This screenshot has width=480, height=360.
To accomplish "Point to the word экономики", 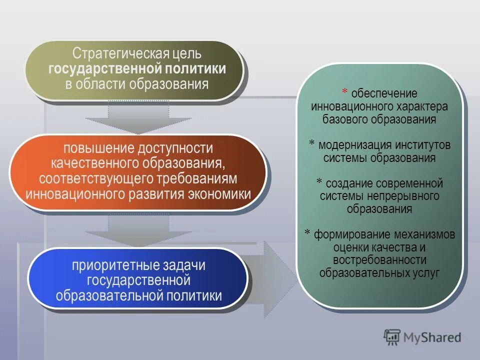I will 219,193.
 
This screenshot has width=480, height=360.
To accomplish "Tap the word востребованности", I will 380,260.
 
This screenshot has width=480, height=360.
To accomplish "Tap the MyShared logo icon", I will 393,338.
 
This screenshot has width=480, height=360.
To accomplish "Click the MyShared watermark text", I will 432,338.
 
